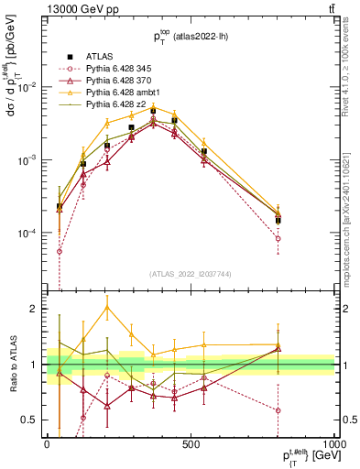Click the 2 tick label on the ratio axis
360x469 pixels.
[36, 309]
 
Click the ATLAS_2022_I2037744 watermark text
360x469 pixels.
[191, 274]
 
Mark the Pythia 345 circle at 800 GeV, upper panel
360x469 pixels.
[278, 238]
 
